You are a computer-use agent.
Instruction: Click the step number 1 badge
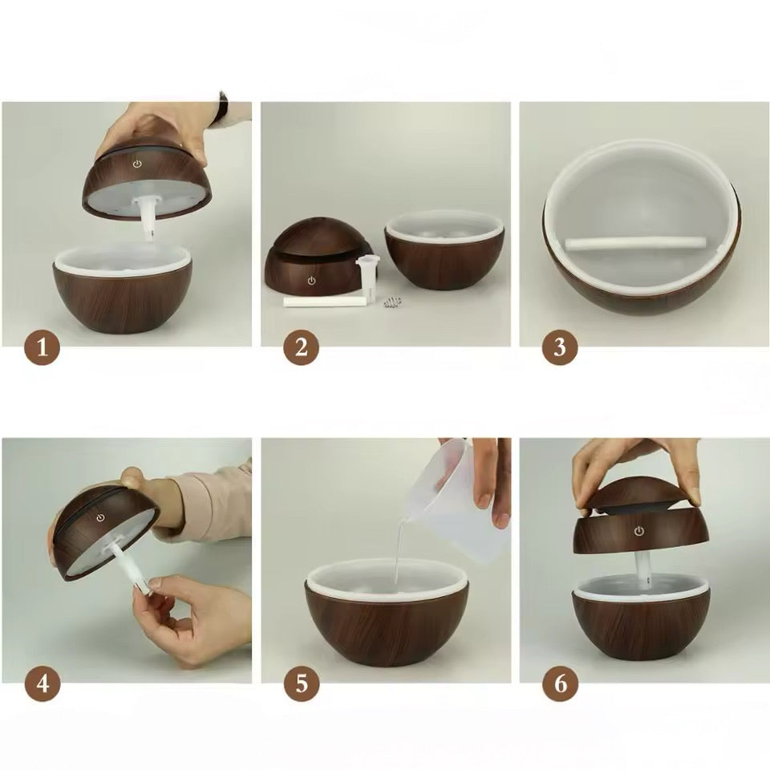click(43, 347)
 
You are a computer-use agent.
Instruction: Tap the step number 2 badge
click(302, 347)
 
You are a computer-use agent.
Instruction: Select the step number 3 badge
click(561, 347)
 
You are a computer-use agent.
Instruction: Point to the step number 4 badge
click(43, 683)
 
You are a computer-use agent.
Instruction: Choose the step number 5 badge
click(302, 683)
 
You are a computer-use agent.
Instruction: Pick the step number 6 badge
click(561, 683)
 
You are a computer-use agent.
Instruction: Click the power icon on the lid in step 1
click(137, 164)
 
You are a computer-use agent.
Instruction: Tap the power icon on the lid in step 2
click(311, 281)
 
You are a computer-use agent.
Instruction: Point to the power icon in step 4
click(100, 518)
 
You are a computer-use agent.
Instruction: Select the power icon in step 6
click(639, 531)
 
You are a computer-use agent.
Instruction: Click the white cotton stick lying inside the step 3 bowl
click(636, 242)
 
